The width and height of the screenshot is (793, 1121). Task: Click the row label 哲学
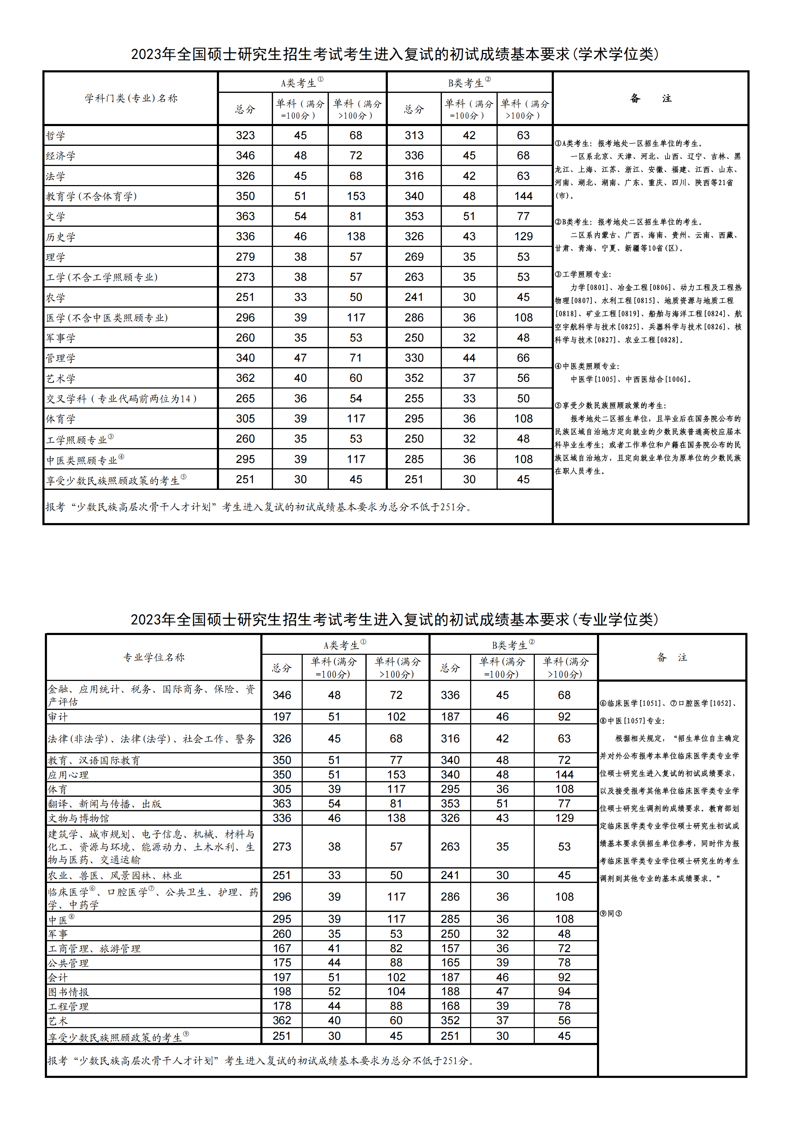tap(56, 136)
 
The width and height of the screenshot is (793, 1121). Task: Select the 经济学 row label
tap(60, 156)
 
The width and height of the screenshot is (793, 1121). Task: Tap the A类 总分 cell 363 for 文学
tap(245, 216)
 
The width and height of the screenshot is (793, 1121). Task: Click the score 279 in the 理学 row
tap(245, 257)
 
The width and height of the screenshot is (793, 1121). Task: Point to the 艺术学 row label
tap(60, 378)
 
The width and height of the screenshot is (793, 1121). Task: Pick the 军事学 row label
tap(60, 338)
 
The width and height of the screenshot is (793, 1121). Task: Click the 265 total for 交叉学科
tap(245, 398)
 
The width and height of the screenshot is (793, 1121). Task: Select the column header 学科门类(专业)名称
tap(131, 98)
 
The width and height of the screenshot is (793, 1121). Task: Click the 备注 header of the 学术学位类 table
tap(650, 99)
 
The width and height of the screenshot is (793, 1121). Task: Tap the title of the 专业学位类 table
tap(395, 619)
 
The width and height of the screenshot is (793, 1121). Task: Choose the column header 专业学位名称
tap(154, 657)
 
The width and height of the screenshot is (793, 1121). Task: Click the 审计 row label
tap(58, 717)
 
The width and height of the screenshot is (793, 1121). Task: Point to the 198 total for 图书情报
tap(282, 991)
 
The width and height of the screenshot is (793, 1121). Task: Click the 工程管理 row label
tap(69, 1006)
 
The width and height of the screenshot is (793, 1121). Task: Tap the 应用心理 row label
tap(69, 775)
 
